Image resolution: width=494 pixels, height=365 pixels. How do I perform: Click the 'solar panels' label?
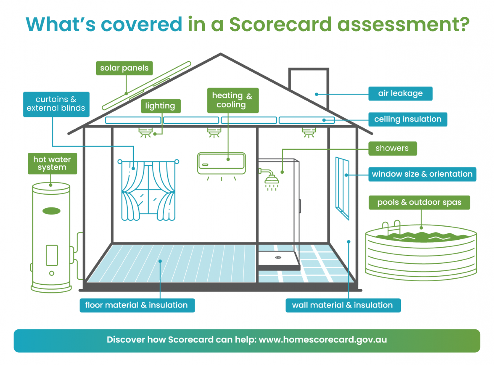coord(124,68)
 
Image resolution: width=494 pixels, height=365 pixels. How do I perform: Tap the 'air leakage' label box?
coord(400,93)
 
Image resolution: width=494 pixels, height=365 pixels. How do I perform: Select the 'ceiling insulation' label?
coord(408,119)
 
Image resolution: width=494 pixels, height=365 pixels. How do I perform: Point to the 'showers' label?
coord(392,148)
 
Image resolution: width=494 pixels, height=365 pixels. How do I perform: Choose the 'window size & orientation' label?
coord(422,174)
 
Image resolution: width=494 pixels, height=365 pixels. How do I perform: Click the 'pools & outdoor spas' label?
coord(419,203)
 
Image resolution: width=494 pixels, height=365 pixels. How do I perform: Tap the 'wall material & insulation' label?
coord(343,305)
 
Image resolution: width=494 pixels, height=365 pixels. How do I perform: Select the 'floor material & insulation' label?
coord(137,305)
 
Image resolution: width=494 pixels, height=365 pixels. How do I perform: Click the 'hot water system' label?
coord(52,164)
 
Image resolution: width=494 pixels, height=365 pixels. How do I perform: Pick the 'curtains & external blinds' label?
coord(56,104)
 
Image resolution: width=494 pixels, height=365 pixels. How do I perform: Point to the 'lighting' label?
coord(161,106)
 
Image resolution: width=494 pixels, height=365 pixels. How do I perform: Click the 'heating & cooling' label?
coord(233,100)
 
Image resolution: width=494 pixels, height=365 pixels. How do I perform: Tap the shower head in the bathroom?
coord(271,180)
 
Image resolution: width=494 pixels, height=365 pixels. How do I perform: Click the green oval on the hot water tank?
coord(51,211)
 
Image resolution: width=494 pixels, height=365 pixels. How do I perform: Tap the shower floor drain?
coord(278,258)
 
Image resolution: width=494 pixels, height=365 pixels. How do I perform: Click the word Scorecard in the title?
coord(280,24)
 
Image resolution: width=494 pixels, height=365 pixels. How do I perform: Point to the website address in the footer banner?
coord(323,340)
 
